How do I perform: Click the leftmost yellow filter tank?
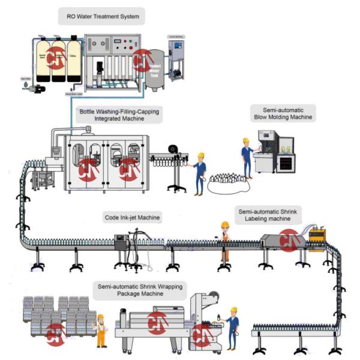click(43, 61)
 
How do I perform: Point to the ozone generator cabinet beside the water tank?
click(178, 60)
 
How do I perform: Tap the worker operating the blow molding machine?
click(246, 157)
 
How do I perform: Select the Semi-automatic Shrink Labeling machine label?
click(268, 215)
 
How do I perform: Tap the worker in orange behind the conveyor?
click(225, 239)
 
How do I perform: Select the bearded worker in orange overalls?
click(101, 329)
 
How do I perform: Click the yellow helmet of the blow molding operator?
click(245, 141)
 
